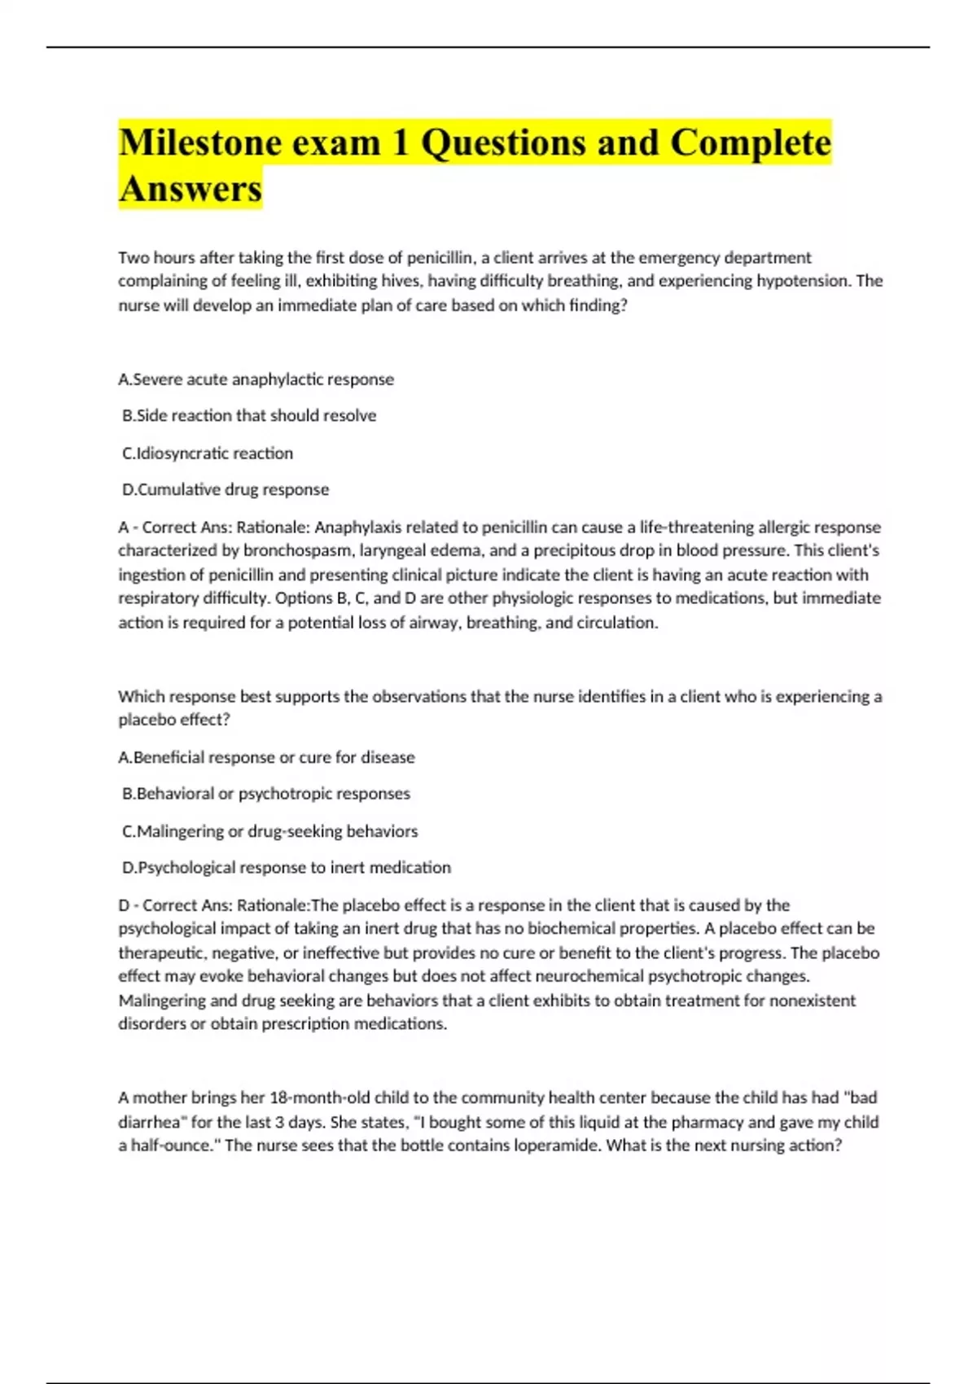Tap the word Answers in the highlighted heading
tap(191, 189)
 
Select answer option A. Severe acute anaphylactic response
tap(256, 379)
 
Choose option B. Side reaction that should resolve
tap(249, 416)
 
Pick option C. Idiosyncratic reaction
tap(208, 453)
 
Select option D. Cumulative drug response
tap(226, 490)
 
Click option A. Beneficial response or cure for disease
tap(266, 758)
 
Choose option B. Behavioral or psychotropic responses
tap(266, 794)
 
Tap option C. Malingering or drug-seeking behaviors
tap(269, 831)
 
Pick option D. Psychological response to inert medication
tap(287, 868)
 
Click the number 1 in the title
tap(400, 143)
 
